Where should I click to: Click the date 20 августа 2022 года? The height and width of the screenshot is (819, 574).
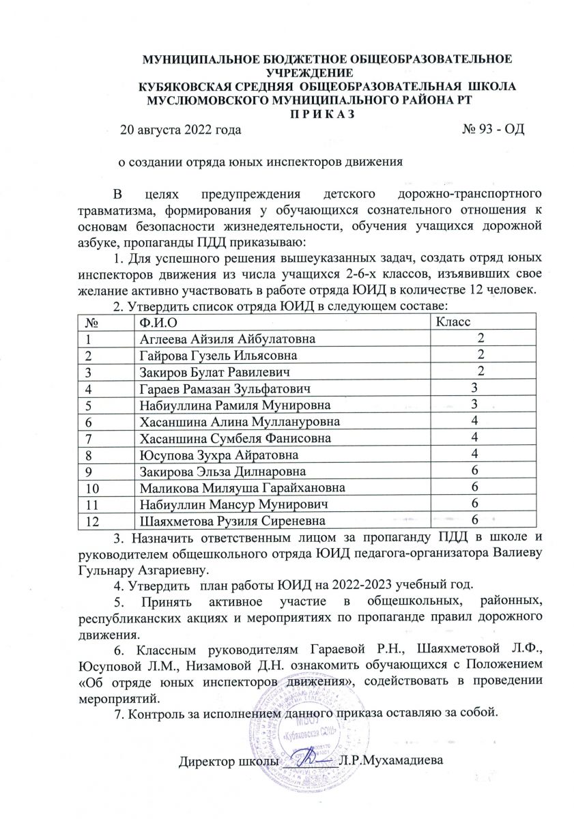pyautogui.click(x=180, y=128)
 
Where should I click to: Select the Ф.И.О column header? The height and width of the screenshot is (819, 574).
pyautogui.click(x=161, y=321)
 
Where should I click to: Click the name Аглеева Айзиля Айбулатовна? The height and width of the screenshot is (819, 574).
pyautogui.click(x=228, y=339)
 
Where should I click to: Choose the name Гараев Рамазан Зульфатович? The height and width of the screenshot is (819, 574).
pyautogui.click(x=225, y=389)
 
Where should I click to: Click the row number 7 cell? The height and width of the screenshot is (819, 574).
pyautogui.click(x=89, y=438)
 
